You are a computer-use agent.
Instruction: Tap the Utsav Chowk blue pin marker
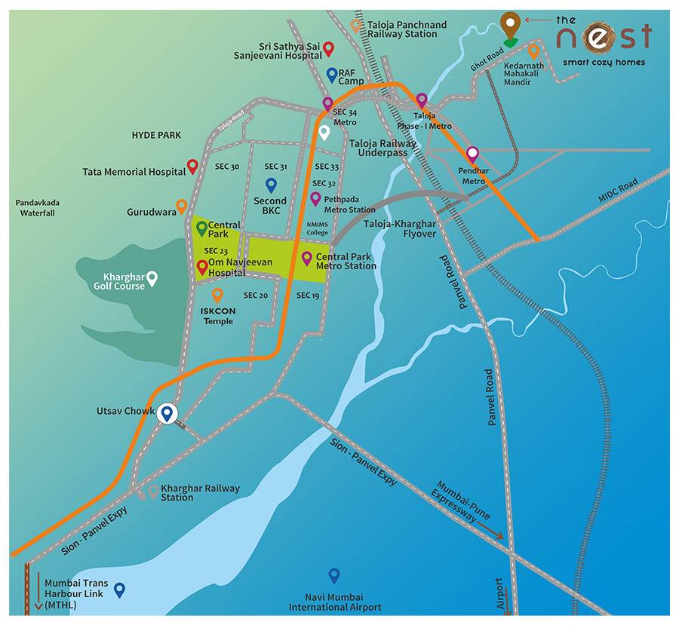coord(167,412)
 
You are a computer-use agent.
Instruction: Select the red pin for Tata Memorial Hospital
coord(193,167)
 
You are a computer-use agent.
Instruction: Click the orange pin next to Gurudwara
coord(181,206)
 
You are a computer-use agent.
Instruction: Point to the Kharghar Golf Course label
coord(119,281)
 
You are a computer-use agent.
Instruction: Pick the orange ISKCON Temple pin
coord(217,295)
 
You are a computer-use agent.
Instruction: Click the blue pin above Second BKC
coord(271,185)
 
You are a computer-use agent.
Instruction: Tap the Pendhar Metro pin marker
coord(472,155)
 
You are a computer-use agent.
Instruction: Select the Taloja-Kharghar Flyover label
coord(400,229)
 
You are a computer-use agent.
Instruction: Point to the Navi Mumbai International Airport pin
coord(334,575)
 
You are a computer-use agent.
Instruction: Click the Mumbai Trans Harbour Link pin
coord(119,589)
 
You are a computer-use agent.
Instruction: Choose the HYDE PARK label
coord(156,135)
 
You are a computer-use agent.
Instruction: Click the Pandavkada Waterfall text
coord(38,208)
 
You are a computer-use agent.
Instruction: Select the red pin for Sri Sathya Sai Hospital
coord(328,49)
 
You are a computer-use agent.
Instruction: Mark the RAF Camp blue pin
coord(332,74)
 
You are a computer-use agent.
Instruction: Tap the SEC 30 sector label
coord(226,167)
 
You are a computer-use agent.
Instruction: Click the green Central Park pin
coord(201,226)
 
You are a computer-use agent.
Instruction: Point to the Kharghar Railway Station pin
coord(153,492)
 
